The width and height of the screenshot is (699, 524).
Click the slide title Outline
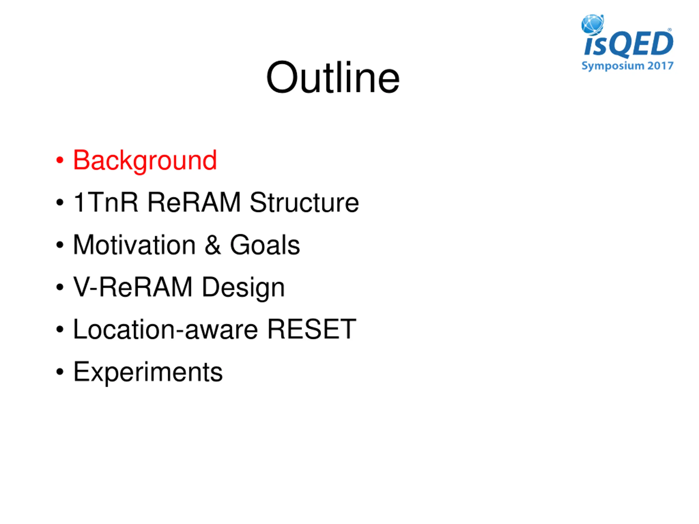tap(333, 78)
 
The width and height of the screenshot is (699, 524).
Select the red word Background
tap(145, 161)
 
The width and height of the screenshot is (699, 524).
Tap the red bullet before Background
tap(60, 160)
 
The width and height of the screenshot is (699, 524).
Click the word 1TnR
tap(106, 202)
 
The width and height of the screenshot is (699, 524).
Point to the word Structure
tap(304, 202)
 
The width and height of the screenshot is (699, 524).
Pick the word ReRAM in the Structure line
tap(194, 202)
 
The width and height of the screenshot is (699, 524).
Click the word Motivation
tap(134, 245)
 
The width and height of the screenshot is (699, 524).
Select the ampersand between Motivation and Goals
tap(213, 245)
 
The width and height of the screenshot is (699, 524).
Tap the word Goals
tap(265, 245)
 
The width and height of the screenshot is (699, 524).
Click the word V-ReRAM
tap(133, 287)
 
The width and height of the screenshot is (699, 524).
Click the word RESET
tap(312, 329)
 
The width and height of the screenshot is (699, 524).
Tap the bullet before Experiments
tap(60, 372)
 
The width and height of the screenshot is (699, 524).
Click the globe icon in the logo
tap(593, 24)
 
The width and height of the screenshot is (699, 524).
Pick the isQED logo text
tap(628, 44)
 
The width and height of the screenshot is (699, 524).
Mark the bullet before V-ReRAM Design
tap(60, 287)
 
